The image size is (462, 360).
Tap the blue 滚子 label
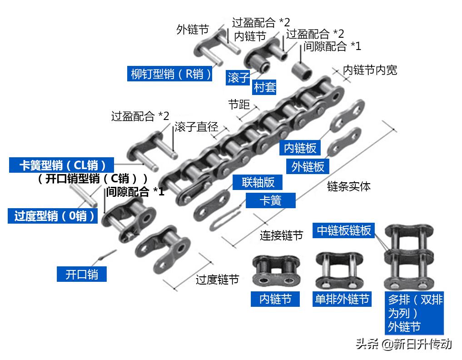(x=238, y=77)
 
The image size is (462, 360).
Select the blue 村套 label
(x=265, y=87)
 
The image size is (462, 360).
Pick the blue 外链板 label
(x=308, y=166)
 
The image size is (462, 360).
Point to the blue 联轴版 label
(x=258, y=182)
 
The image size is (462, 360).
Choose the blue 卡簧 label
(x=270, y=200)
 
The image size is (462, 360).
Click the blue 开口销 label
(x=82, y=274)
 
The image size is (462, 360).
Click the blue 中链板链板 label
(x=344, y=230)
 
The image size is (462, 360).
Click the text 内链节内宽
(x=370, y=70)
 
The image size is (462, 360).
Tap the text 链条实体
(x=348, y=186)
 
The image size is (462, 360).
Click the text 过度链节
(x=217, y=280)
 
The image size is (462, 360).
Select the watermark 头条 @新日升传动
(x=403, y=344)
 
